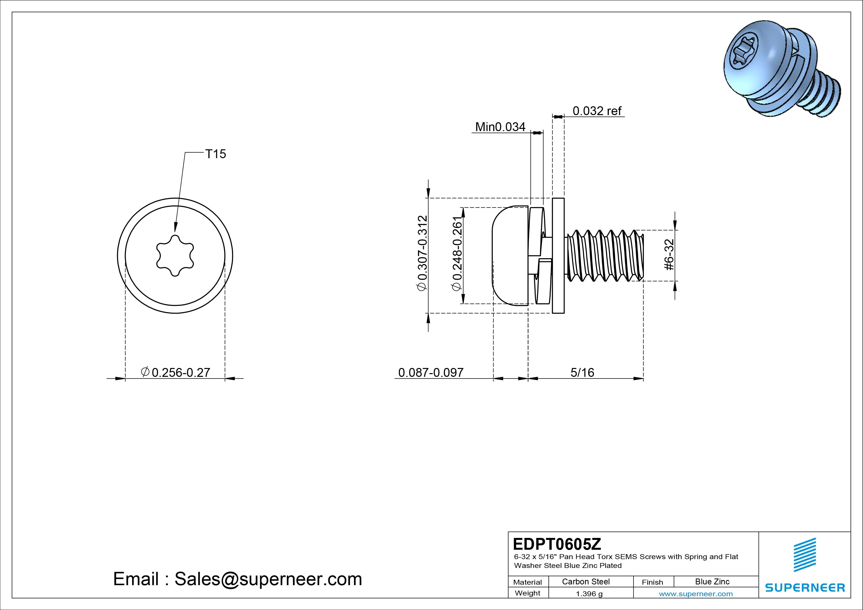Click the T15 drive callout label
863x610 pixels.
[215, 154]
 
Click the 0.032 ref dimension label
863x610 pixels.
[597, 111]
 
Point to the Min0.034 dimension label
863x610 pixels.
[500, 127]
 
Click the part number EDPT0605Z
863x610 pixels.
[557, 544]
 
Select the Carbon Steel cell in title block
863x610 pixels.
[586, 581]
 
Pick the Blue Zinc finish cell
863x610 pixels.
[712, 581]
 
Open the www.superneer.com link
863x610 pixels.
[696, 594]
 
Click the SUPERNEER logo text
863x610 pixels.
[805, 587]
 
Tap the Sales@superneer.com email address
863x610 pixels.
[268, 579]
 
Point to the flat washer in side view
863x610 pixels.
[558, 256]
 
